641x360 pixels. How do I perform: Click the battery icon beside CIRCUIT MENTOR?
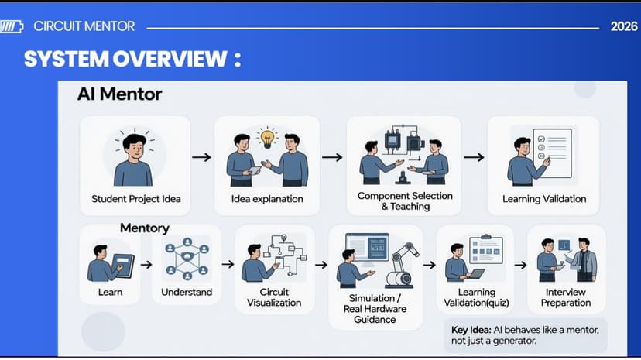tap(12, 27)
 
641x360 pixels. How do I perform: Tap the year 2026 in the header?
tap(624, 26)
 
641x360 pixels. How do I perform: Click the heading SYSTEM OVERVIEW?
tap(125, 59)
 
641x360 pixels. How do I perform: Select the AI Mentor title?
tap(119, 94)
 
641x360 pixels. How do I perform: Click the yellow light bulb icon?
tap(267, 137)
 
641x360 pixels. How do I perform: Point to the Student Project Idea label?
tap(136, 199)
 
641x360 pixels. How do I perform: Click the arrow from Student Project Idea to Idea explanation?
tap(201, 157)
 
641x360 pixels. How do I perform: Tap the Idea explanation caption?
tap(267, 199)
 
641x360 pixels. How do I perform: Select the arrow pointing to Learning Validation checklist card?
tap(474, 157)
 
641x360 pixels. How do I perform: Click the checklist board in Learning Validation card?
tap(553, 153)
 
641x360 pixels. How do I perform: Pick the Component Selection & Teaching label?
tap(405, 201)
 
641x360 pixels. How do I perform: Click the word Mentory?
tap(144, 228)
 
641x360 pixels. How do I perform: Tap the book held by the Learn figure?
tap(122, 266)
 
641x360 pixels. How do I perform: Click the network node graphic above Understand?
tap(187, 259)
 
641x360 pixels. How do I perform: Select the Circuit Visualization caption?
tap(274, 297)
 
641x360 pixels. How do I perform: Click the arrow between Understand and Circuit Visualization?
tap(228, 264)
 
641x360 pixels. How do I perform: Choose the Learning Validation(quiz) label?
tap(476, 297)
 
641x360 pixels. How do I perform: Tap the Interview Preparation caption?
tap(566, 297)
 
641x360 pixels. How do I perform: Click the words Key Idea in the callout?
tap(471, 330)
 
